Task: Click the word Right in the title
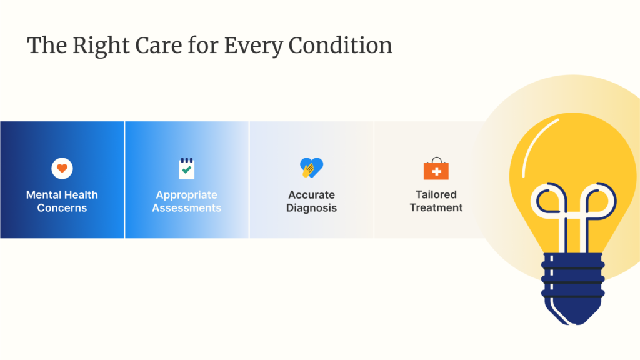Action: [x=101, y=46]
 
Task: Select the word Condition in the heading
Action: [x=341, y=45]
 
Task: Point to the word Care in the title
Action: [x=158, y=45]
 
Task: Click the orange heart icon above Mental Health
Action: [x=62, y=168]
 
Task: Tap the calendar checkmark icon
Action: [x=186, y=168]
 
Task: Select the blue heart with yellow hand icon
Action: [x=311, y=167]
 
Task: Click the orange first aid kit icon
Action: [x=436, y=169]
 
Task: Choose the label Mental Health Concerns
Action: [x=62, y=201]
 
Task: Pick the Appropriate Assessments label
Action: [x=186, y=201]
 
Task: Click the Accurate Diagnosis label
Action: [x=311, y=201]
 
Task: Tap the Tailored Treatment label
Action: [x=436, y=201]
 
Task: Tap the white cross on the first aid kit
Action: [x=436, y=171]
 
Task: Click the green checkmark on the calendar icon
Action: [x=186, y=169]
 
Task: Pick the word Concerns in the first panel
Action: [x=62, y=207]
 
